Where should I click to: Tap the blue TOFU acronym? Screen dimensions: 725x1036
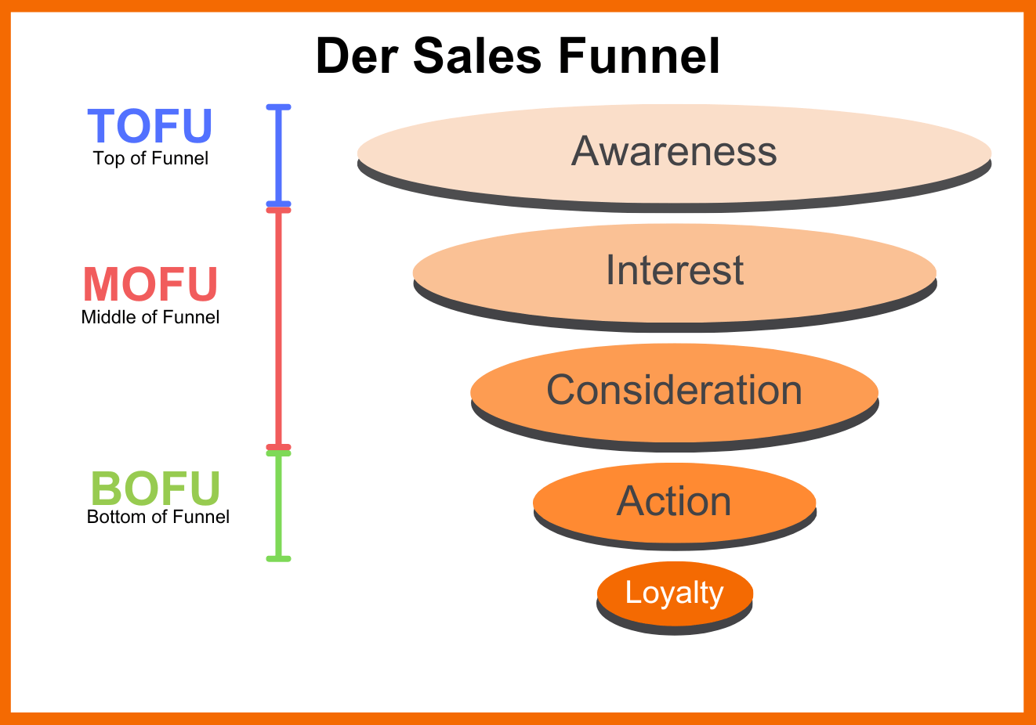150,126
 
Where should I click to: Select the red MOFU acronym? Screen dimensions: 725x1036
150,284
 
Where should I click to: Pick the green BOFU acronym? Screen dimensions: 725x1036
156,489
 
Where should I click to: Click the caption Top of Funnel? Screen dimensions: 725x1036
150,158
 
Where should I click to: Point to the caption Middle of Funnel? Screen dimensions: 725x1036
150,317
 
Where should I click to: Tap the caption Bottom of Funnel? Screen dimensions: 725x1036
158,517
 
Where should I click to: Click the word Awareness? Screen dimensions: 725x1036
674,151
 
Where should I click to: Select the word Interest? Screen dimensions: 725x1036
675,270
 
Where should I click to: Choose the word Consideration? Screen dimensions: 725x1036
674,390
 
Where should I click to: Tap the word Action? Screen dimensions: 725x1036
674,501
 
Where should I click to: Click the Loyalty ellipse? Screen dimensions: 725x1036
675,593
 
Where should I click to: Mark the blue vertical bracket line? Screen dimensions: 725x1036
278,155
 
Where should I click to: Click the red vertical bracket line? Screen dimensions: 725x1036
278,329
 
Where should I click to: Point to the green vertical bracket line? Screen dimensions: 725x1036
278,506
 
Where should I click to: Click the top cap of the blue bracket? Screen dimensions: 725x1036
278,106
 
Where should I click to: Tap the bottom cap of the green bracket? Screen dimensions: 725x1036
278,558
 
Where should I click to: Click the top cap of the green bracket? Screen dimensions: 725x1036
278,453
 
